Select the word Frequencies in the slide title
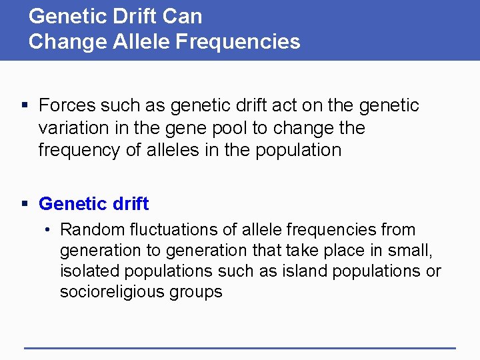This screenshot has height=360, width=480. click(245, 42)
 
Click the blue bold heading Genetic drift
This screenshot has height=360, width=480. click(94, 204)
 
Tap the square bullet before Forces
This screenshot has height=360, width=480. click(25, 105)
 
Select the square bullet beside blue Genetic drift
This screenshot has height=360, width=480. click(25, 204)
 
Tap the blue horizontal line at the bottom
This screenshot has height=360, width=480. click(240, 348)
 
